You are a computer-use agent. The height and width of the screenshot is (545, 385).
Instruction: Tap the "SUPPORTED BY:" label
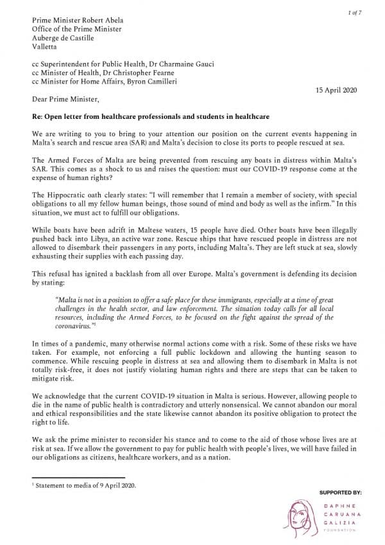pyautogui.click(x=341, y=492)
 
